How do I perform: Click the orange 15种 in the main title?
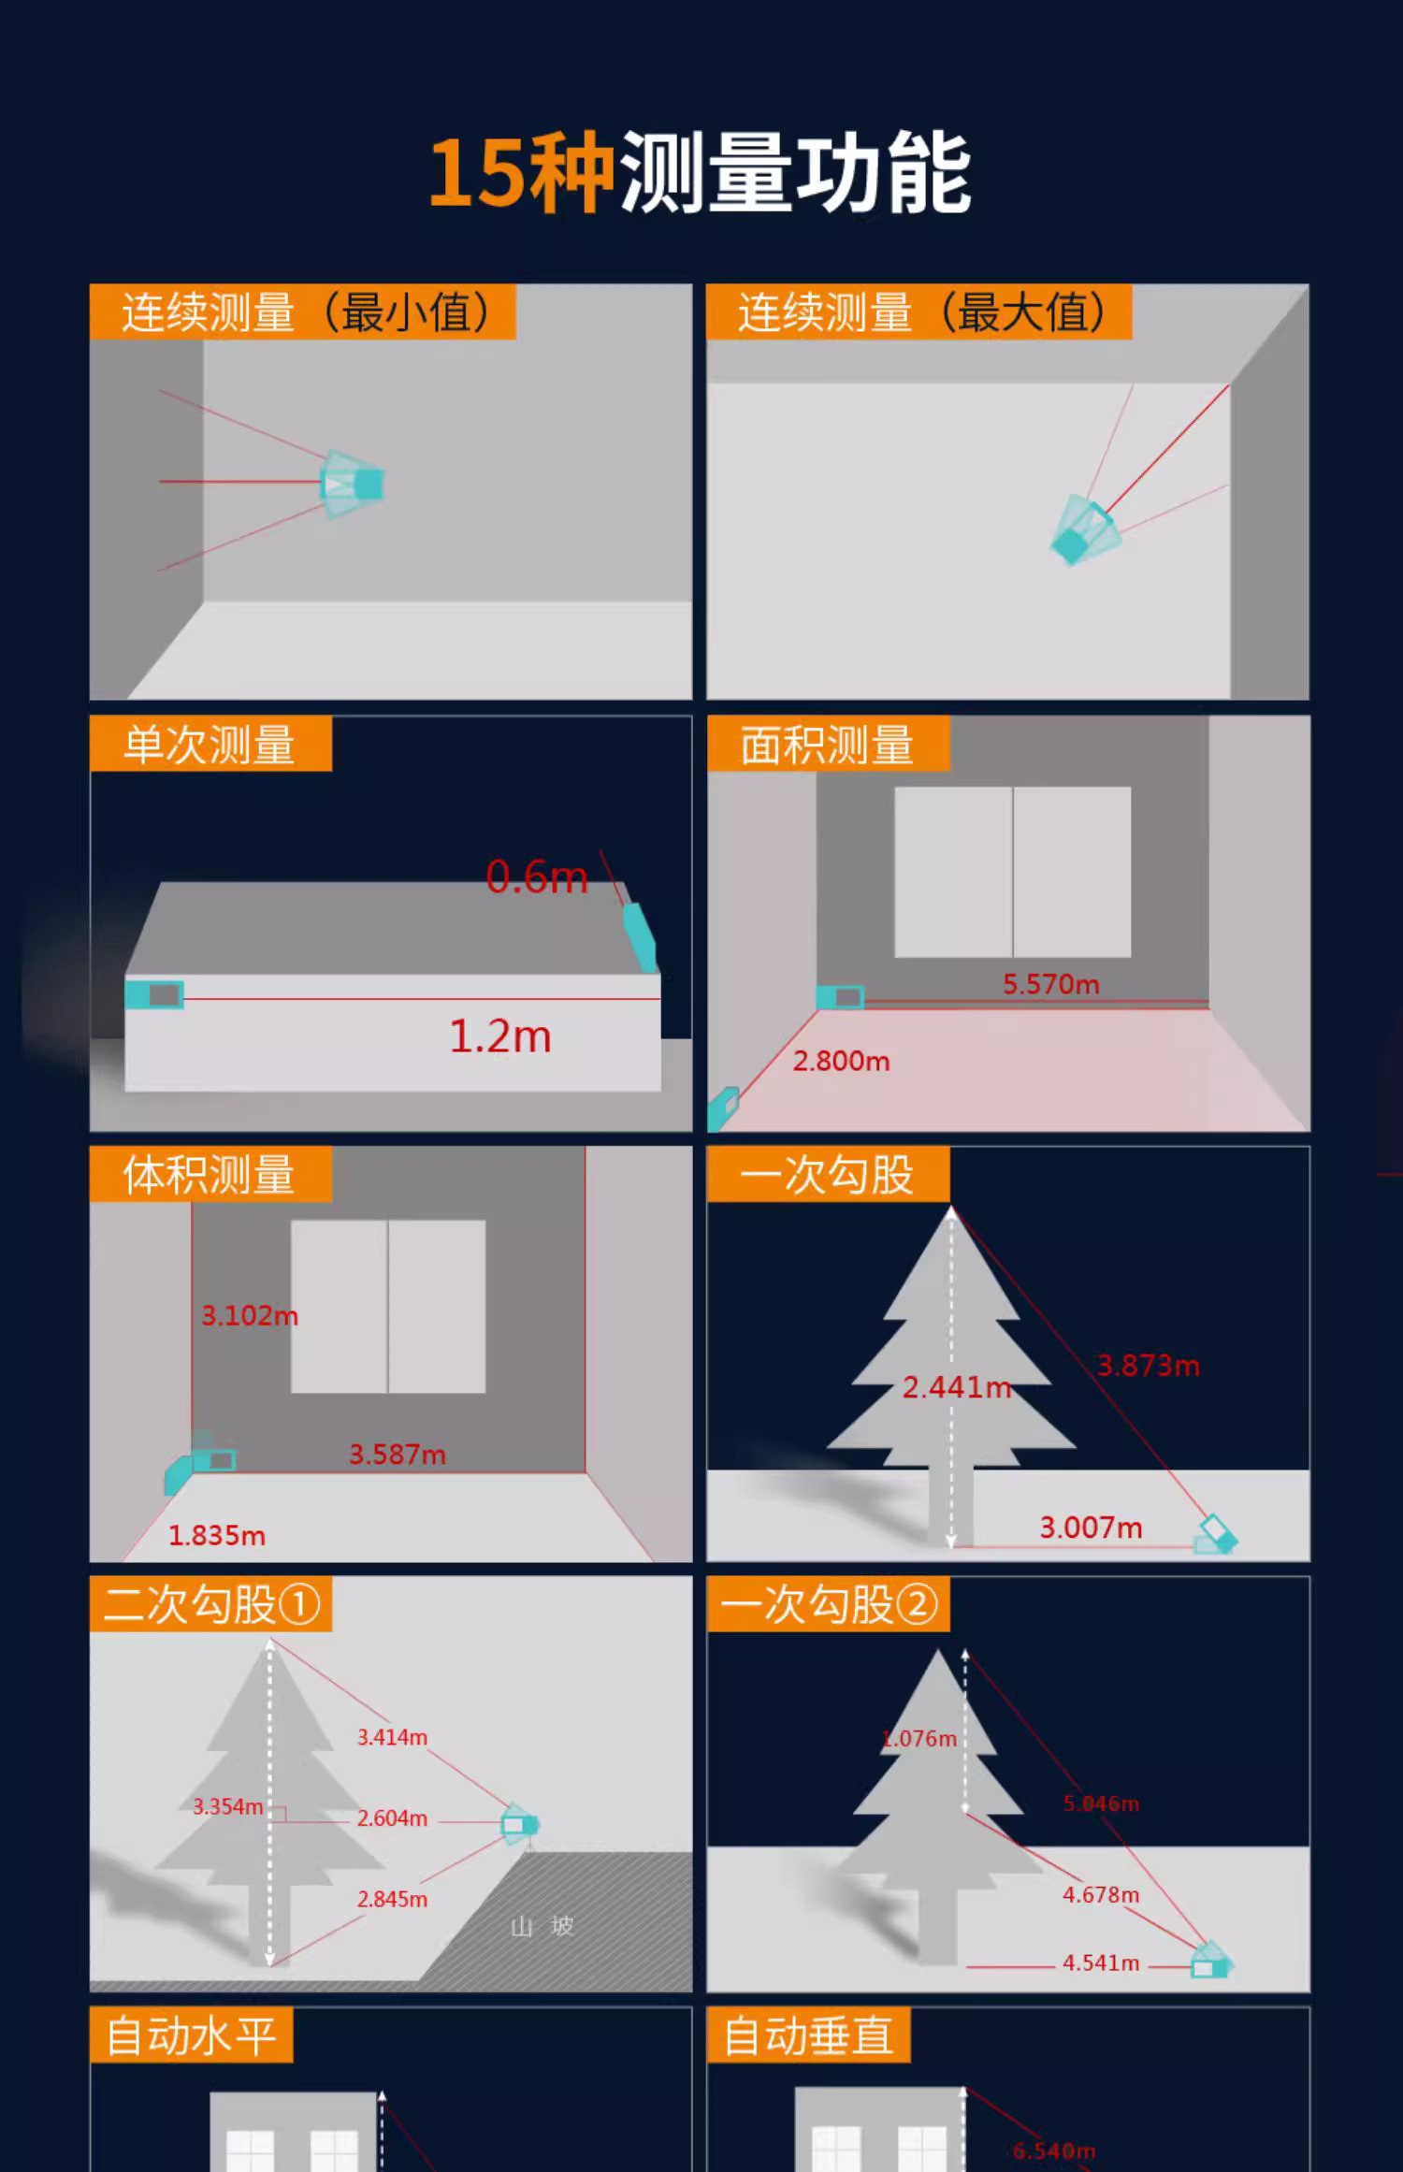tap(521, 173)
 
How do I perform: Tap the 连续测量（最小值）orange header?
tap(303, 311)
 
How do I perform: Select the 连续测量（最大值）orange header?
tap(919, 311)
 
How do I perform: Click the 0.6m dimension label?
tap(537, 877)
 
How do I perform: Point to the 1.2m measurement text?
tap(500, 1036)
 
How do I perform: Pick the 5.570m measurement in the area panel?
tap(1051, 984)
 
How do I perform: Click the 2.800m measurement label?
tap(841, 1061)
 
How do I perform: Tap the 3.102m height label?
tap(250, 1316)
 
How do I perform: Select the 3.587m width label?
tap(398, 1455)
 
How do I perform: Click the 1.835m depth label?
tap(217, 1536)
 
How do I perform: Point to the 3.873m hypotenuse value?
tap(1148, 1366)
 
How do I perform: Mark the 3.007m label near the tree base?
tap(1091, 1528)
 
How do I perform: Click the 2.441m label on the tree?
tap(957, 1387)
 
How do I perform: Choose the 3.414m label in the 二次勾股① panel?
tap(392, 1737)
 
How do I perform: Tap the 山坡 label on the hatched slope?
tap(542, 1926)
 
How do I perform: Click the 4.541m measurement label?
tap(1101, 1962)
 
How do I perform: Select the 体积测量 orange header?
tap(210, 1174)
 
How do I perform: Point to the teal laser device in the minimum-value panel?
tap(353, 484)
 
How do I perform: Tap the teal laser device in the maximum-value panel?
tap(1085, 530)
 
